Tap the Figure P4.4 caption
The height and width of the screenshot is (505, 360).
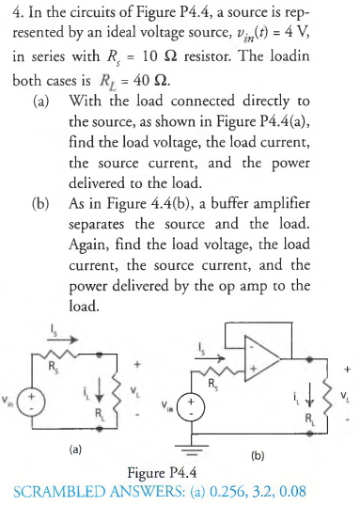179,472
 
